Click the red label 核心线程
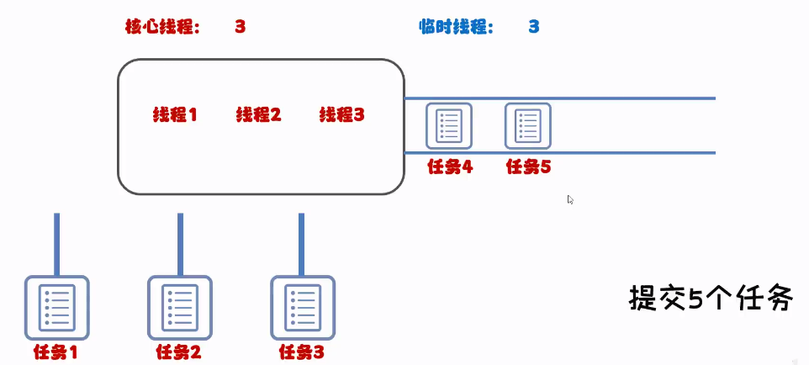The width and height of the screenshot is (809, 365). click(x=162, y=27)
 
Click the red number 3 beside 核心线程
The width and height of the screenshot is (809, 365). click(x=240, y=27)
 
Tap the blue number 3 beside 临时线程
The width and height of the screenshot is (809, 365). click(x=533, y=27)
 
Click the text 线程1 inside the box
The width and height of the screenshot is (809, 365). click(x=175, y=114)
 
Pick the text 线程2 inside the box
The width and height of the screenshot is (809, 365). click(x=258, y=114)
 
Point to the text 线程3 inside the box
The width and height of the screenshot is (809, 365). click(x=342, y=114)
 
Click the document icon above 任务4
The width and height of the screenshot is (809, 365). click(x=449, y=125)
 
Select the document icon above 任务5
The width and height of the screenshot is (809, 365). click(x=527, y=125)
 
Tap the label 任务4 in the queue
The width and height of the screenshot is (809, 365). click(x=450, y=167)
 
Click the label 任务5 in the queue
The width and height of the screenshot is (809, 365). click(x=528, y=167)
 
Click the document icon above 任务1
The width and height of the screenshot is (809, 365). click(x=56, y=307)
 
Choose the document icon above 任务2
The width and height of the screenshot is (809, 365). click(x=179, y=307)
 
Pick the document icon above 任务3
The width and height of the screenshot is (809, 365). click(x=301, y=307)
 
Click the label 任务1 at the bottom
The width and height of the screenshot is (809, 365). click(x=56, y=352)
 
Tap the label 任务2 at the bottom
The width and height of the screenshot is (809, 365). click(x=178, y=352)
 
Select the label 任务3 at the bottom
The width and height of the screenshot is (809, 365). click(x=301, y=352)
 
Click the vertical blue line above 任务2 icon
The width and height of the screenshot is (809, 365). click(x=179, y=244)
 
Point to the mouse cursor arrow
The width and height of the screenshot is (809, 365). click(x=570, y=199)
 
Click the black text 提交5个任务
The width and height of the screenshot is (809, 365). click(x=711, y=299)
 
